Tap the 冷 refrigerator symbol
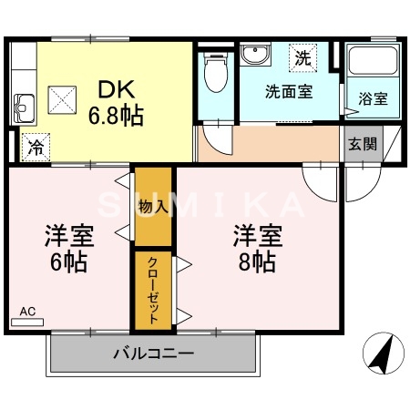(36, 145)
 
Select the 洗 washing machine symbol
(301, 57)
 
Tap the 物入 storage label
(153, 207)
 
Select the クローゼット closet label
(153, 289)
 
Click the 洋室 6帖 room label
(69, 249)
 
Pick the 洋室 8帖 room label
(256, 249)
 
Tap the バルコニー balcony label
(153, 353)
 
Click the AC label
(28, 312)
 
